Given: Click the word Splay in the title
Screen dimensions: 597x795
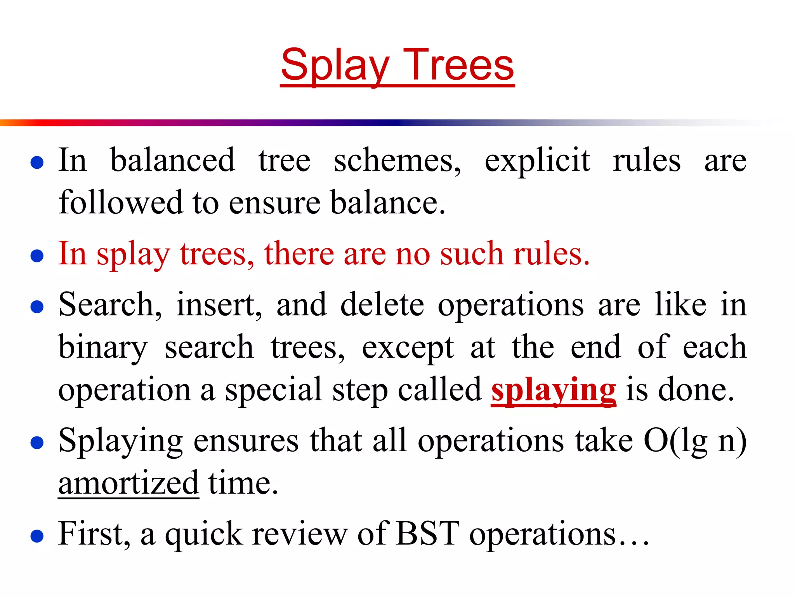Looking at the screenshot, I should click(335, 65).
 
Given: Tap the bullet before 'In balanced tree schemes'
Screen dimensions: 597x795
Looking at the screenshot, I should click(37, 162).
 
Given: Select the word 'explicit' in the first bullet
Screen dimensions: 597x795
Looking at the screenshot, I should click(537, 161).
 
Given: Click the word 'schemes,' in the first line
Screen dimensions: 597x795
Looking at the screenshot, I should click(397, 161).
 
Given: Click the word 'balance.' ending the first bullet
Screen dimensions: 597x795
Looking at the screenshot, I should click(388, 202).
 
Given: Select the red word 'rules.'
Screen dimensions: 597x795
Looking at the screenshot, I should click(551, 253).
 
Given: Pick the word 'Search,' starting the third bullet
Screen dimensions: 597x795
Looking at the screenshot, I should click(110, 305).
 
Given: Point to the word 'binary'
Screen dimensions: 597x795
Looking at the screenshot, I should click(102, 347).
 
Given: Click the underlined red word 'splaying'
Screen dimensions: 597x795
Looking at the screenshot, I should click(553, 390).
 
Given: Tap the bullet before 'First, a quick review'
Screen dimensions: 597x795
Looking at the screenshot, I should click(37, 536).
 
